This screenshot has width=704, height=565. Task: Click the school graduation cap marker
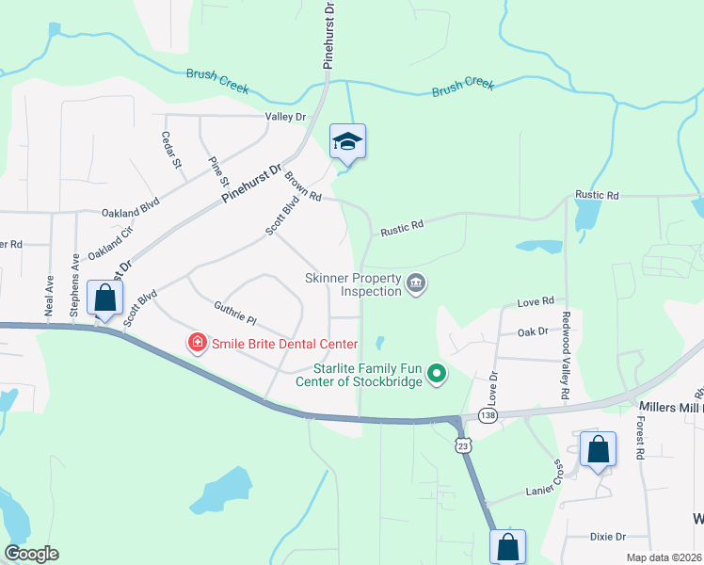pyautogui.click(x=347, y=142)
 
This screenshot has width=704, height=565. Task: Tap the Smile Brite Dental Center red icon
pyautogui.click(x=198, y=343)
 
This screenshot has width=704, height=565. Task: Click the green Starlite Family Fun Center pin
pyautogui.click(x=436, y=374)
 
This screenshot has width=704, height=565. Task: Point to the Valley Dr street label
pyautogui.click(x=286, y=117)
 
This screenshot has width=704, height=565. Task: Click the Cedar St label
pyautogui.click(x=170, y=150)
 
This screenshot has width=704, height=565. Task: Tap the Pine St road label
pyautogui.click(x=218, y=171)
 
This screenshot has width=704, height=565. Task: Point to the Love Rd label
pyautogui.click(x=535, y=302)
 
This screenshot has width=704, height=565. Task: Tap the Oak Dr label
pyautogui.click(x=533, y=331)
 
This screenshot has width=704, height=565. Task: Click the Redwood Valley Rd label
pyautogui.click(x=567, y=355)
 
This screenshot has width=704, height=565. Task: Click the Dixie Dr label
pyautogui.click(x=607, y=537)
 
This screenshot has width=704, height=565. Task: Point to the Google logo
pyautogui.click(x=31, y=554)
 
